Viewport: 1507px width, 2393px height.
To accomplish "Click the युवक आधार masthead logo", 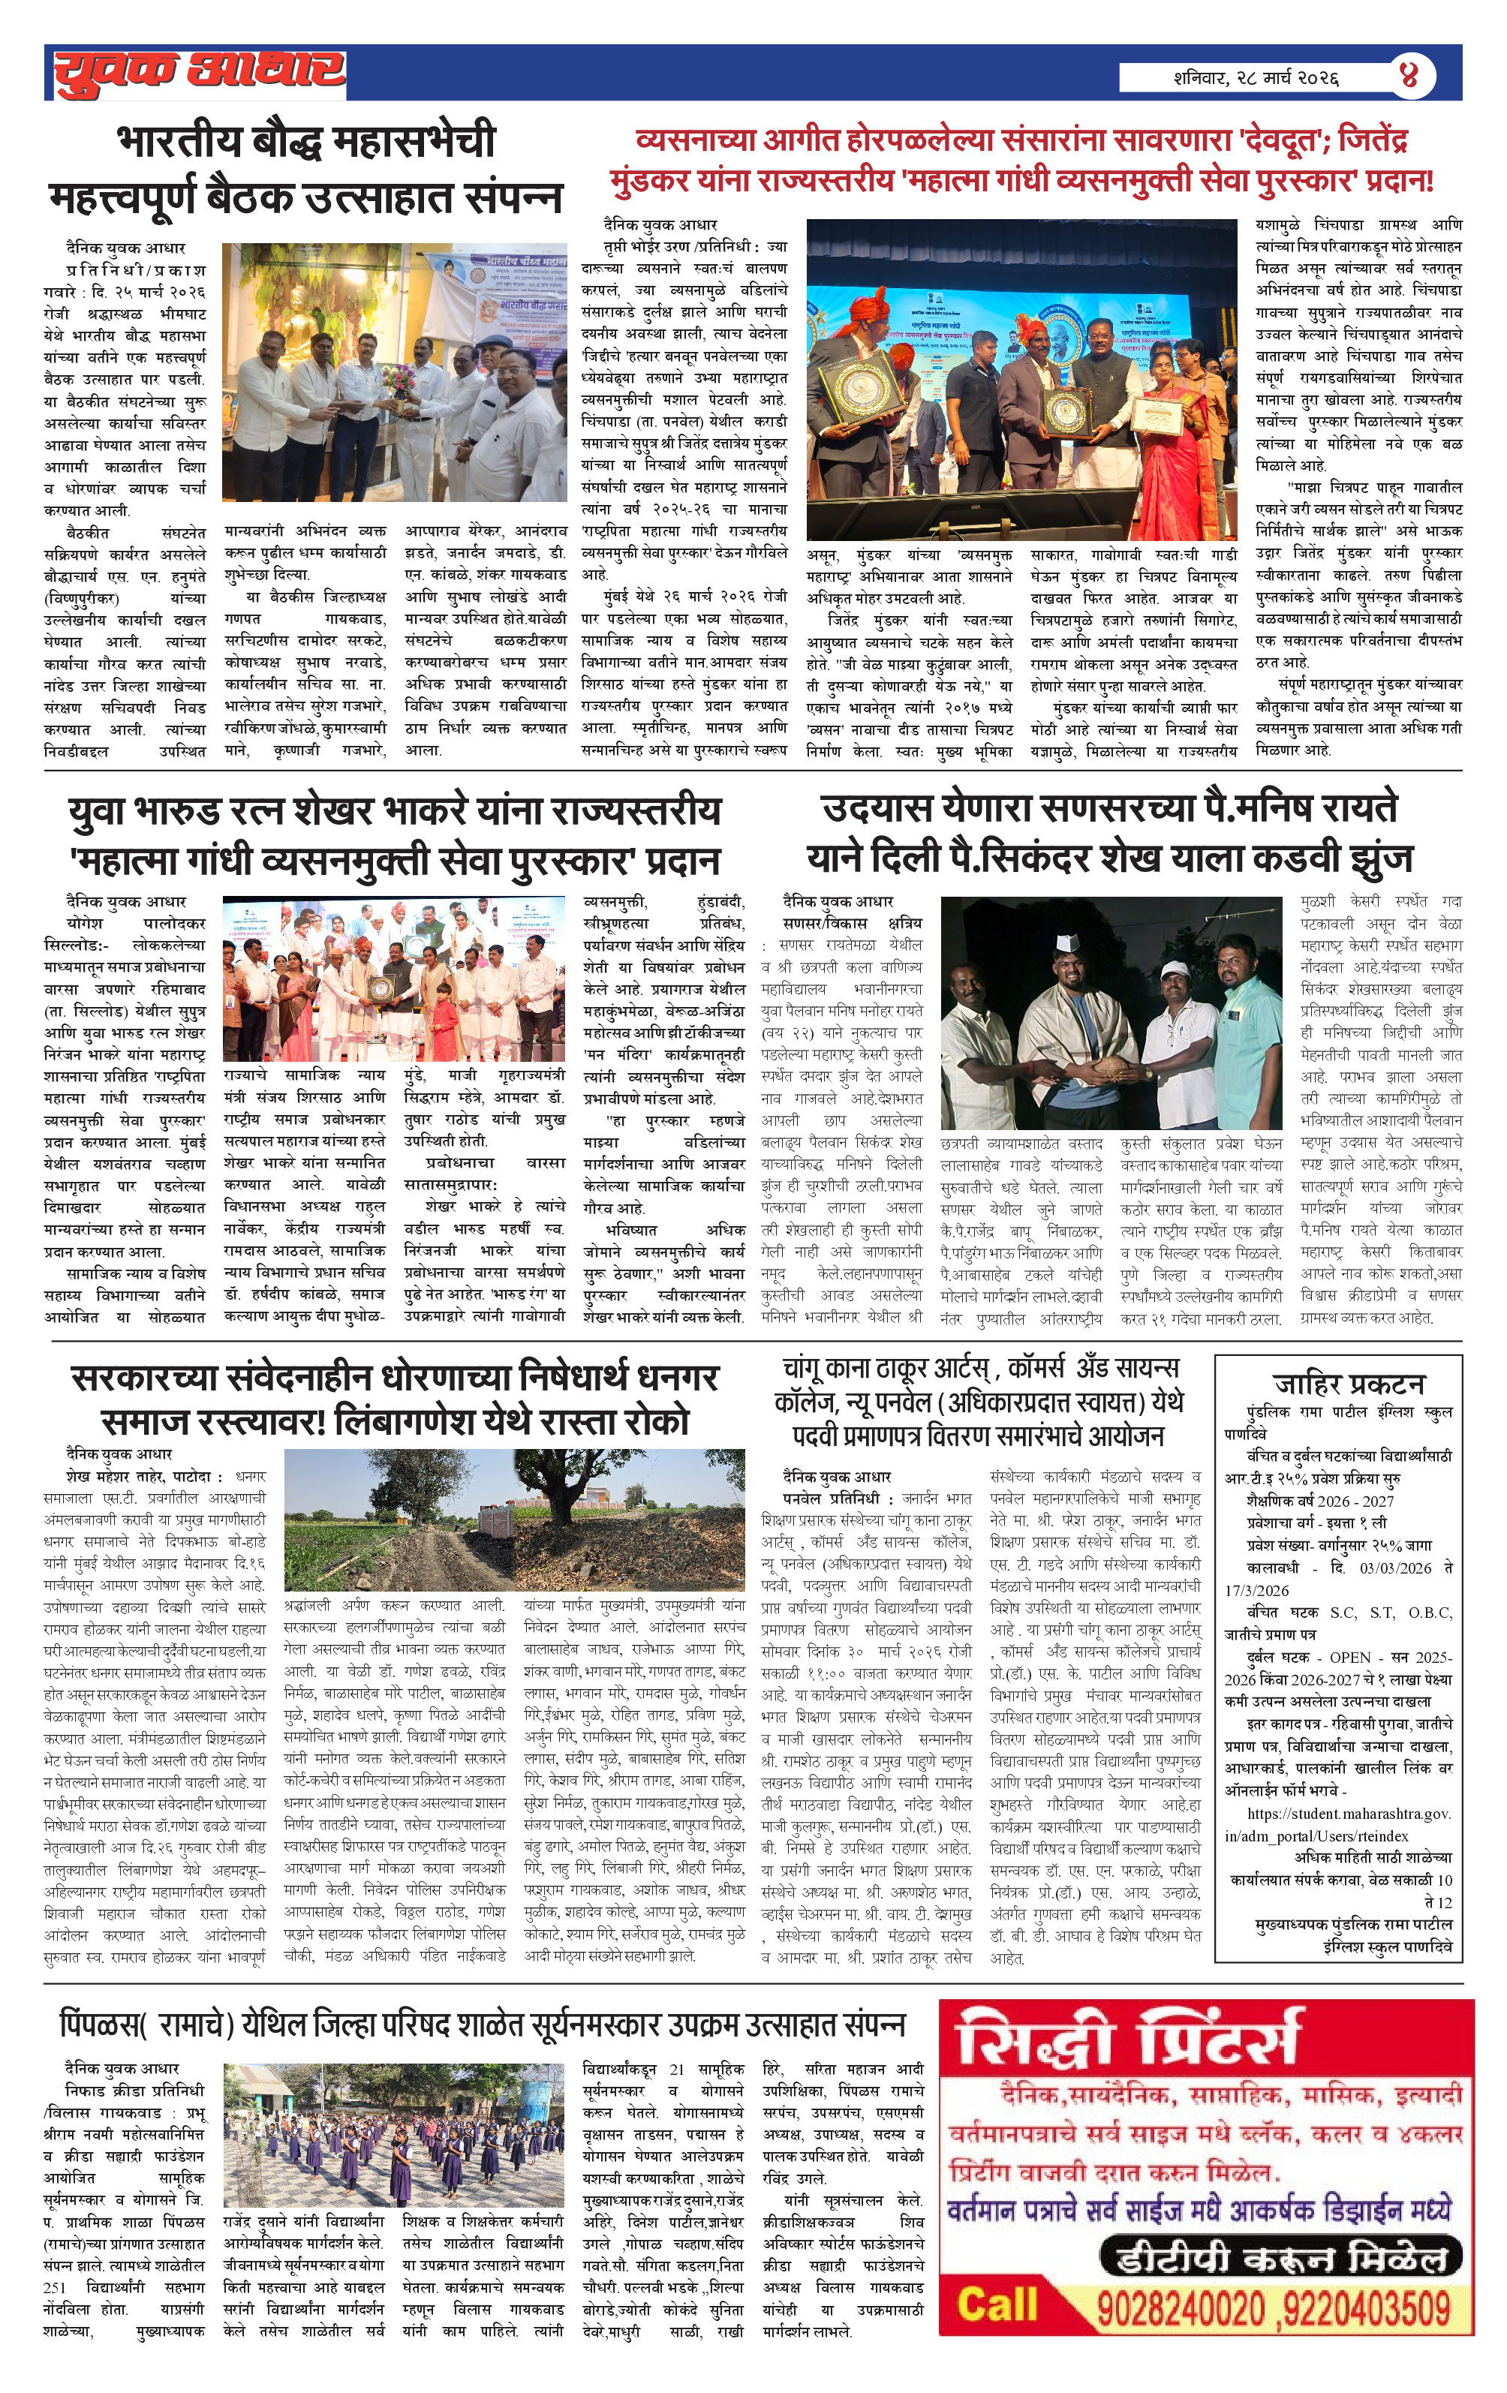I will pyautogui.click(x=200, y=71).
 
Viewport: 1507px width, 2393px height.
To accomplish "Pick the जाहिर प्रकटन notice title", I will pyautogui.click(x=1348, y=1384).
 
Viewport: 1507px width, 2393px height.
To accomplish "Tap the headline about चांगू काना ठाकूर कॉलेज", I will pyautogui.click(x=980, y=1402).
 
